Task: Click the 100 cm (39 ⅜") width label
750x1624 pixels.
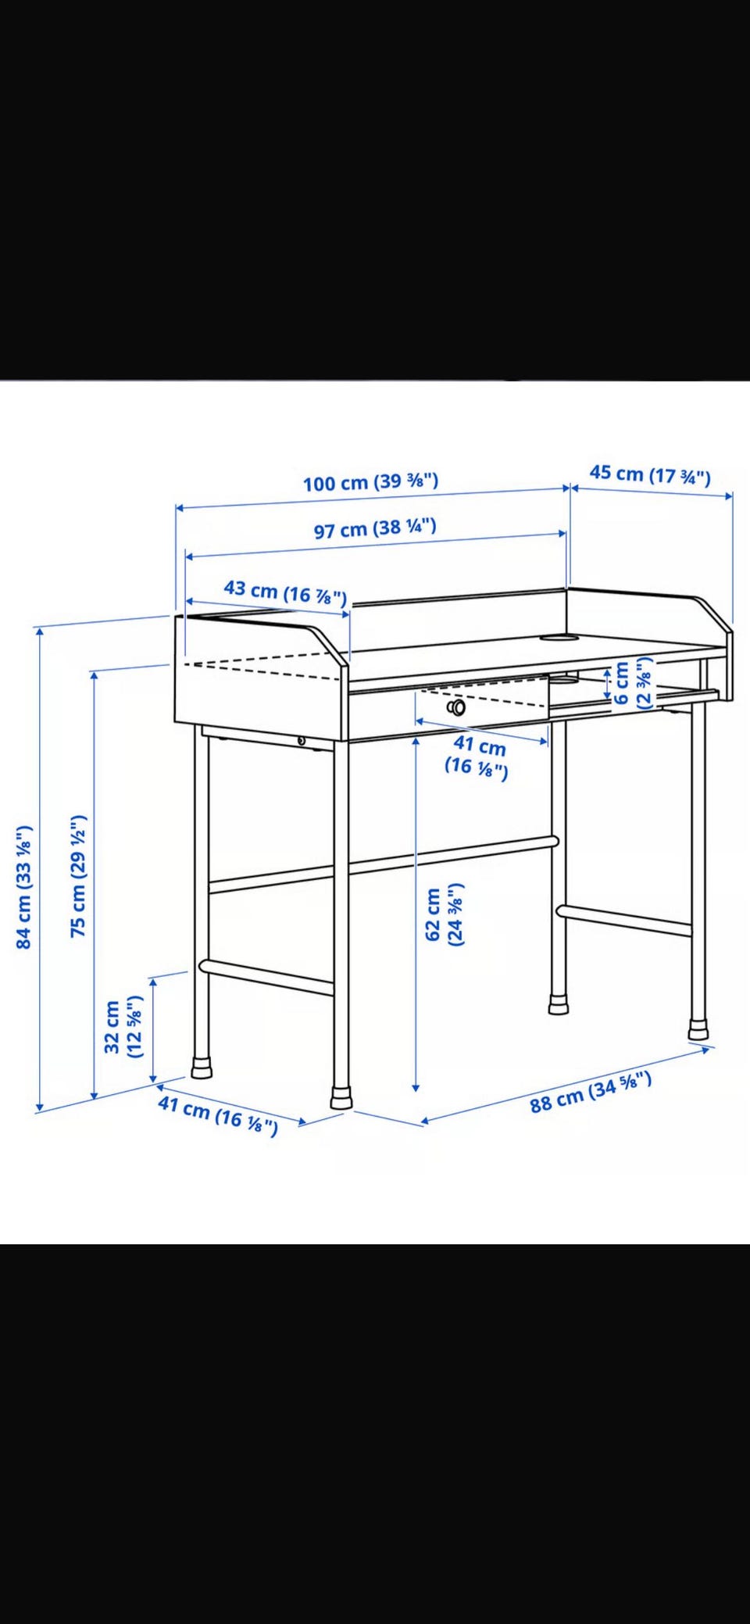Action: (x=370, y=481)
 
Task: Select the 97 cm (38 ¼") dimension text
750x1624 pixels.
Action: (x=375, y=528)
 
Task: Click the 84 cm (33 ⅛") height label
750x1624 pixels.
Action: (x=24, y=886)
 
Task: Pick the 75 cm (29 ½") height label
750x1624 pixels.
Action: (x=78, y=875)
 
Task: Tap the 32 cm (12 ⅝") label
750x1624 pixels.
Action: (x=123, y=1026)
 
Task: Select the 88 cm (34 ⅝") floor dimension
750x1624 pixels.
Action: (x=591, y=1093)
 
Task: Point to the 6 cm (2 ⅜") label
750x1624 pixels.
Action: (x=633, y=683)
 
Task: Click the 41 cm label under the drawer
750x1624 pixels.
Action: (x=477, y=757)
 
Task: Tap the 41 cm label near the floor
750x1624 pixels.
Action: (x=218, y=1115)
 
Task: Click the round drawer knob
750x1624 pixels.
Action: (x=456, y=707)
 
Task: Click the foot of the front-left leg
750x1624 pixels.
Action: (x=202, y=1068)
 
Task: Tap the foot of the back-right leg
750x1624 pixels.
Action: (x=559, y=1004)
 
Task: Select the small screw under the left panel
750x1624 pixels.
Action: (x=302, y=740)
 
